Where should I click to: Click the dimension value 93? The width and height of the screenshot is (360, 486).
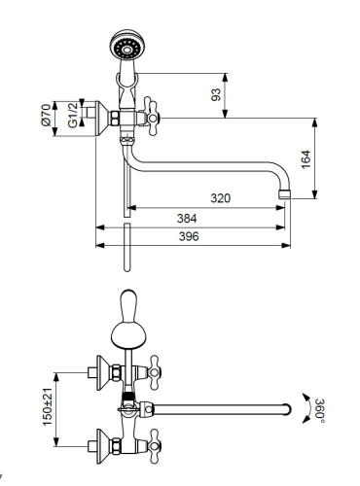[216, 94]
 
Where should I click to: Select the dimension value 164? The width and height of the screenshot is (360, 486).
[306, 159]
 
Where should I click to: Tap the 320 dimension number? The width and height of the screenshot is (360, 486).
[221, 198]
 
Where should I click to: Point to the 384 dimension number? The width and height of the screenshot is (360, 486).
[187, 219]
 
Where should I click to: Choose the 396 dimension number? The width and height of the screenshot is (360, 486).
[189, 236]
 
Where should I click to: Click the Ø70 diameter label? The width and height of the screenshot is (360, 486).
[46, 115]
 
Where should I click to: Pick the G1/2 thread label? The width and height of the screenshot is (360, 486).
[73, 115]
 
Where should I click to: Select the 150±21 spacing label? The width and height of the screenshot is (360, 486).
[48, 406]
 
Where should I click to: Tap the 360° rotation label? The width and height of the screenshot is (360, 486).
[319, 410]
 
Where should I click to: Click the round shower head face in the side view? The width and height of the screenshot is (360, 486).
[126, 49]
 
